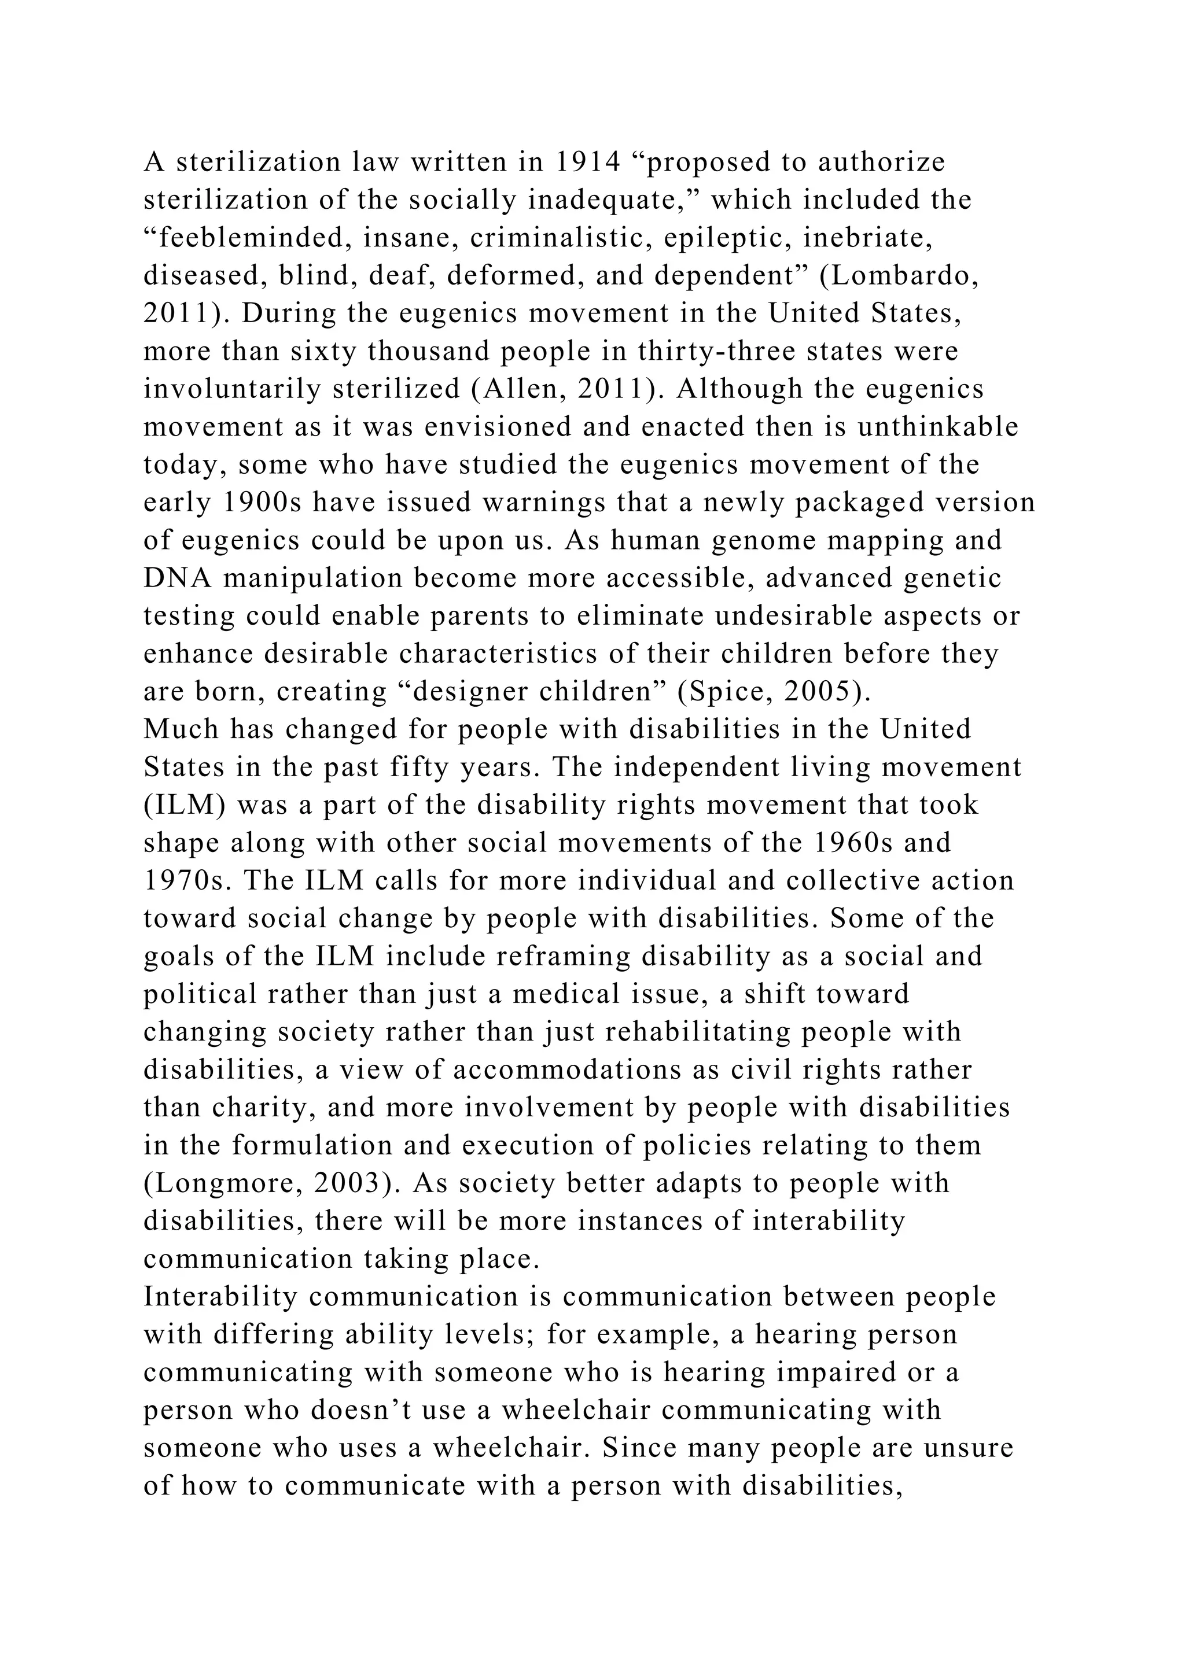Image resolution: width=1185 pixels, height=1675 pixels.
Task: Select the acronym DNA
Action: click(178, 578)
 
